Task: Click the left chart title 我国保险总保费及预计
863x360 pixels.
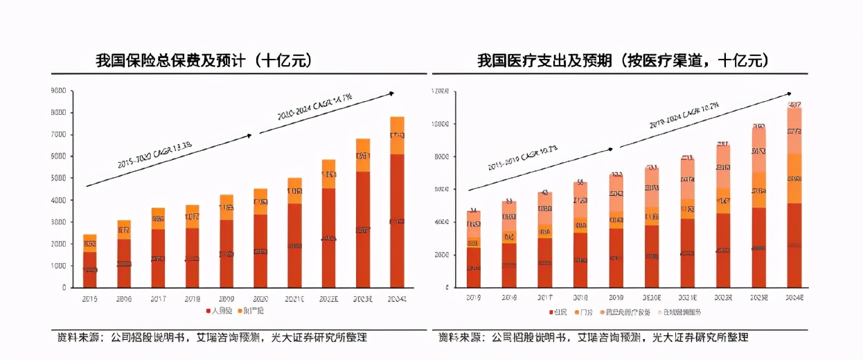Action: (204, 61)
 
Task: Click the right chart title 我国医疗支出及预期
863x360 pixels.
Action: (623, 61)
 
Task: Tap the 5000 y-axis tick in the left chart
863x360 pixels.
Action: (58, 178)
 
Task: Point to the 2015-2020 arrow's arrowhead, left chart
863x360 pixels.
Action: (249, 136)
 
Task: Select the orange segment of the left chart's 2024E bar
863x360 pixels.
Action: (397, 136)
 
